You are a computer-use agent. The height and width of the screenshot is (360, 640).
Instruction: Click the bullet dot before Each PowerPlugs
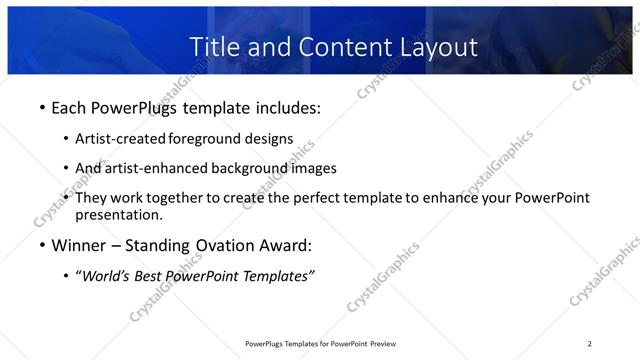41,105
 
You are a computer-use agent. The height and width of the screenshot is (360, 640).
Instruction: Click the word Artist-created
122,138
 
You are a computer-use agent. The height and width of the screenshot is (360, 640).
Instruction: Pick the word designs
271,138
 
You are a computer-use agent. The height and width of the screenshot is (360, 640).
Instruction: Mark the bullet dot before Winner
41,245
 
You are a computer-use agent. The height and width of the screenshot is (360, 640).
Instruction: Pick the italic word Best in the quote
153,277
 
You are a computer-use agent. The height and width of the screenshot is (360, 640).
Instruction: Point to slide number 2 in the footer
590,344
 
